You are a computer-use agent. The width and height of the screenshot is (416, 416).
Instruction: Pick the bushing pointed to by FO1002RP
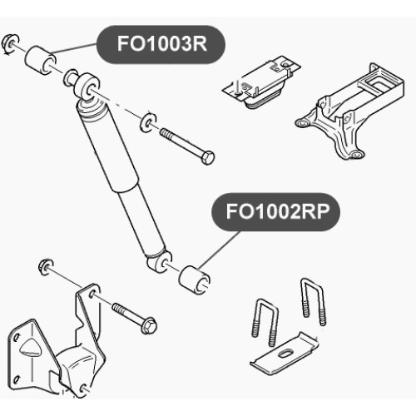click(x=194, y=280)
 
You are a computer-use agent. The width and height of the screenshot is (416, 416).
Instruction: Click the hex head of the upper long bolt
click(x=207, y=157)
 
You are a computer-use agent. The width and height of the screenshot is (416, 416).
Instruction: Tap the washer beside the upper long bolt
click(x=148, y=122)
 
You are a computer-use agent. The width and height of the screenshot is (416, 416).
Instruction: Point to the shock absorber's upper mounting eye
click(x=87, y=87)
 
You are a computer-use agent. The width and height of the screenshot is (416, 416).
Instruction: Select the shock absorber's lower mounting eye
click(x=160, y=261)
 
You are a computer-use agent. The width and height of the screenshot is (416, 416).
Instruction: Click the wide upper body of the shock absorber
click(x=108, y=147)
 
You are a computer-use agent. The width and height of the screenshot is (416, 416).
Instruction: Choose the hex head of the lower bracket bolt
click(x=149, y=325)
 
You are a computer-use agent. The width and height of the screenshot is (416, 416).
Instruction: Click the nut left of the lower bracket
click(x=46, y=267)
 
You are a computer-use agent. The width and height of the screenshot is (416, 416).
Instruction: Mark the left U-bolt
click(x=265, y=322)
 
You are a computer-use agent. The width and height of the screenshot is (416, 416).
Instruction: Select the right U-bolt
click(x=313, y=301)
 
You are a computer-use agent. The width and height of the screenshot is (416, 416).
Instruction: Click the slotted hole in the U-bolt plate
click(x=285, y=354)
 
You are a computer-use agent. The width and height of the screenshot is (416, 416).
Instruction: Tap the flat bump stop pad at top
click(x=261, y=82)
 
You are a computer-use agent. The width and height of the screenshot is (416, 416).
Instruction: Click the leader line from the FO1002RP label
click(x=219, y=250)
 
